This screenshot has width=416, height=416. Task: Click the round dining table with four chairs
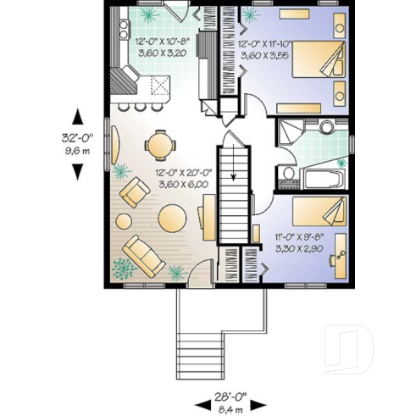click(x=159, y=144)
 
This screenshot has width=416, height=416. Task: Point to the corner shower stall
click(x=291, y=134)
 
